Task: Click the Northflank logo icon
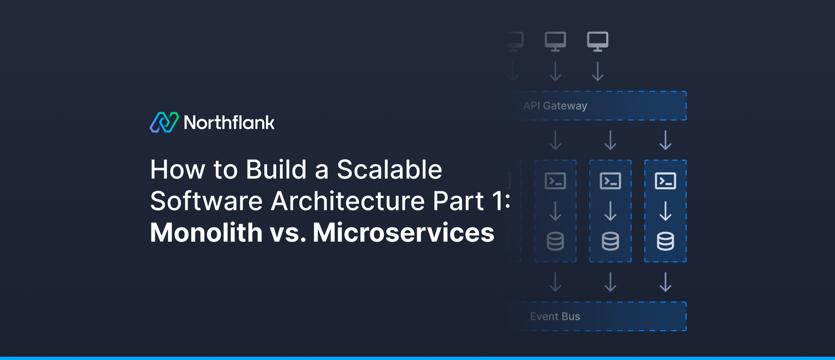(x=164, y=122)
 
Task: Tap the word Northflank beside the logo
(x=229, y=122)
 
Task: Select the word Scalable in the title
(x=389, y=170)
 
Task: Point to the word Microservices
(x=404, y=232)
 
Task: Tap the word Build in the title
(x=277, y=170)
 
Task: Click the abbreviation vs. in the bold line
(x=287, y=232)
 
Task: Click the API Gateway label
(x=555, y=106)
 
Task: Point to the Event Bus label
(x=555, y=317)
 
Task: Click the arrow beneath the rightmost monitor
(x=598, y=71)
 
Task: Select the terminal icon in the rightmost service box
(x=666, y=181)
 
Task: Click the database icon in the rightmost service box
(x=666, y=241)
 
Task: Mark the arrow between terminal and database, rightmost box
(x=666, y=211)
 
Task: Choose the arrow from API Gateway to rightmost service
(x=666, y=140)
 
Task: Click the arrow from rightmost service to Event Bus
(x=666, y=282)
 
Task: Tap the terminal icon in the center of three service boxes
(x=611, y=181)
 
